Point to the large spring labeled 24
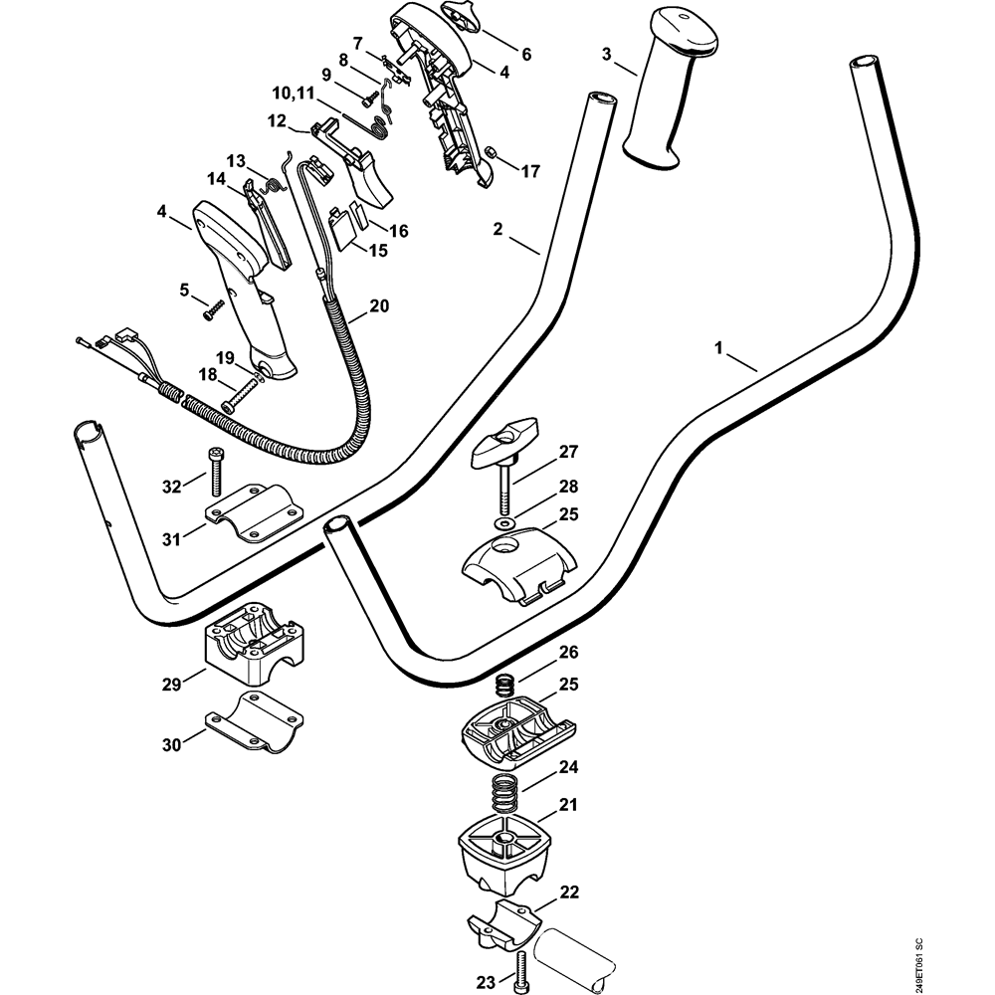506,796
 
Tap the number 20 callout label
379,305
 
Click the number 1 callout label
717,349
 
